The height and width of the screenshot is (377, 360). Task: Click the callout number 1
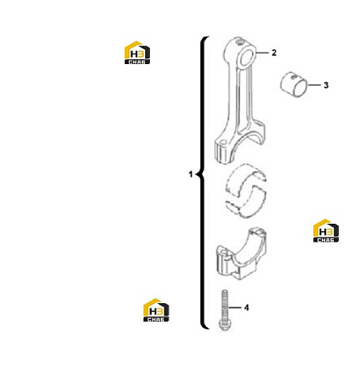[x=191, y=174]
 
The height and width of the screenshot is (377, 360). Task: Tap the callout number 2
[x=274, y=53]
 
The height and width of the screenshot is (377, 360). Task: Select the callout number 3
[x=326, y=85]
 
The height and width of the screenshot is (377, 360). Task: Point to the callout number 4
[x=246, y=307]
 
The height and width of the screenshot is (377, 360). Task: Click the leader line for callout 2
[x=262, y=53]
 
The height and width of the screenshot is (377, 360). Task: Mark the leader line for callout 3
[x=314, y=85]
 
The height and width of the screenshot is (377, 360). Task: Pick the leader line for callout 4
[x=234, y=307]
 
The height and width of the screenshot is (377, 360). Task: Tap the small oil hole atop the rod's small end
[x=239, y=42]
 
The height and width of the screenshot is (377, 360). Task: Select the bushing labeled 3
[x=294, y=84]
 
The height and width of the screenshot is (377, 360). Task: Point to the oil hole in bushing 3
[x=293, y=77]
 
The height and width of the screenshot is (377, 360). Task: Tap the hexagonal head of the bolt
[x=224, y=325]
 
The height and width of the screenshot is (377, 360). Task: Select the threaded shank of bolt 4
[x=225, y=305]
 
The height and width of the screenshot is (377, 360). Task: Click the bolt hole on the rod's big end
[x=223, y=141]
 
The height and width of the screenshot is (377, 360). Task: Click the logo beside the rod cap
[x=326, y=230]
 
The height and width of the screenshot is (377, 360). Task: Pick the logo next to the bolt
[x=156, y=310]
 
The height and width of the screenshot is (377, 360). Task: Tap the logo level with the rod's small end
[x=137, y=53]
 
